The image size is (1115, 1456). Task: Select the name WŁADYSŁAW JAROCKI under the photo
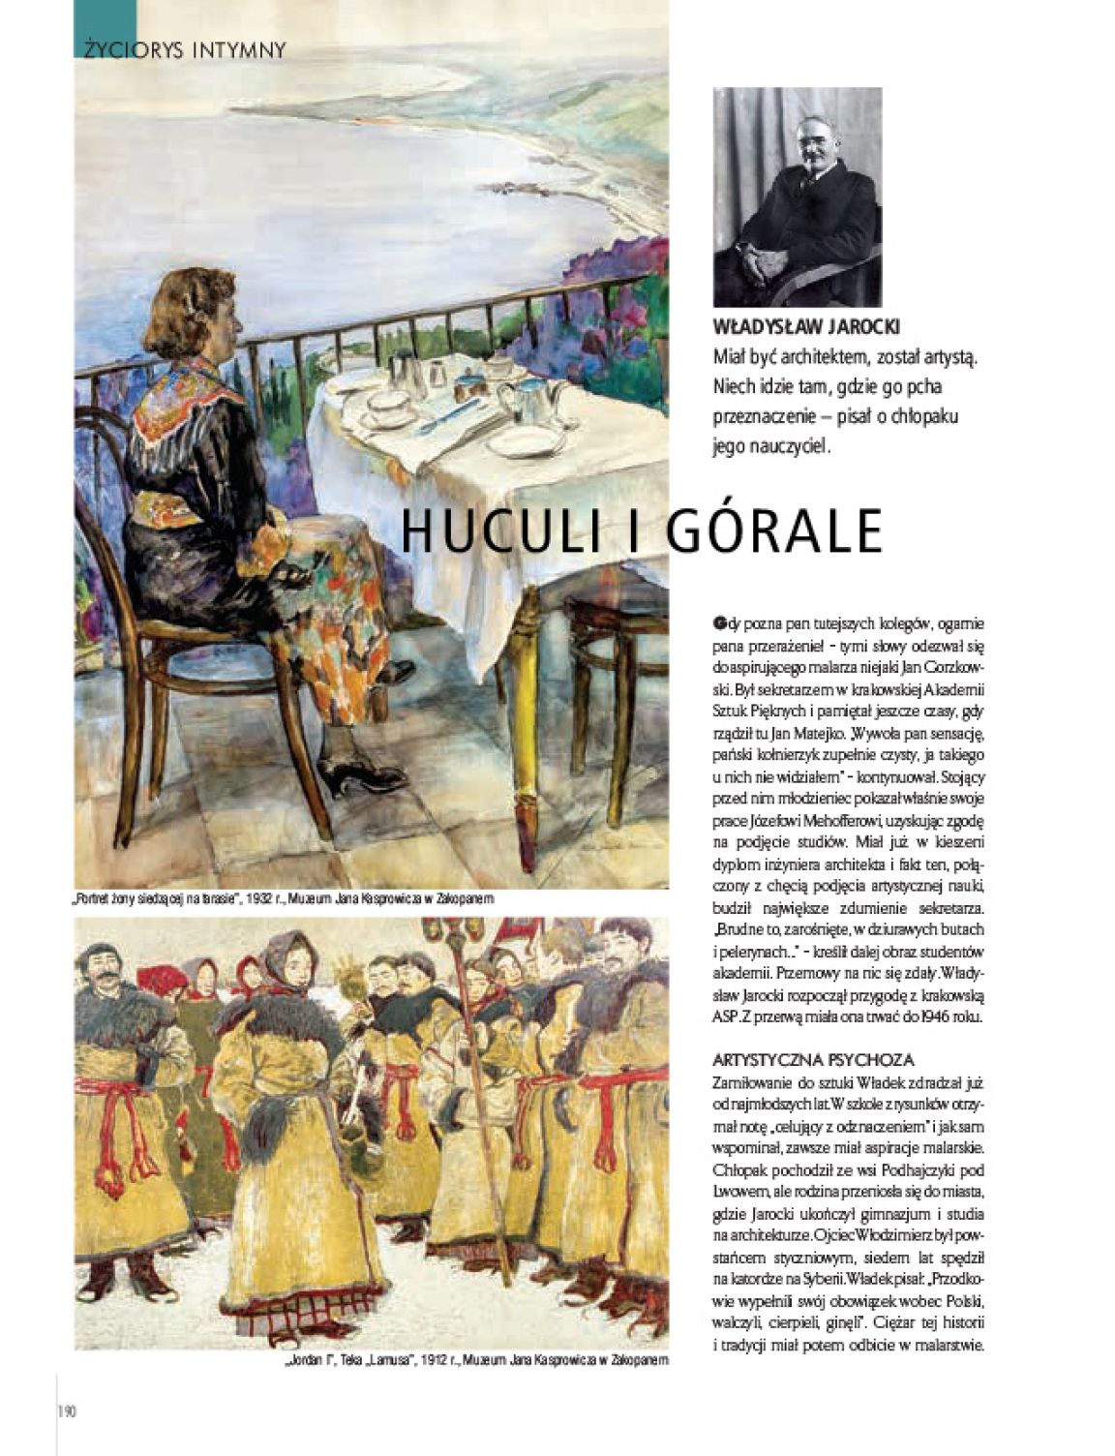coord(805,326)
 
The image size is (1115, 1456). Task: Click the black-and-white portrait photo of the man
coord(798,197)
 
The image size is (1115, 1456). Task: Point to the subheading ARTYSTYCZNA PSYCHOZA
coord(813,1060)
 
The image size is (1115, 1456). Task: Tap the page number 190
coord(67,1410)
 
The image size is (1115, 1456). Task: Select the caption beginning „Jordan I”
coord(476,1360)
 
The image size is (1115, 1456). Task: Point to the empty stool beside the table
coord(610,658)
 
